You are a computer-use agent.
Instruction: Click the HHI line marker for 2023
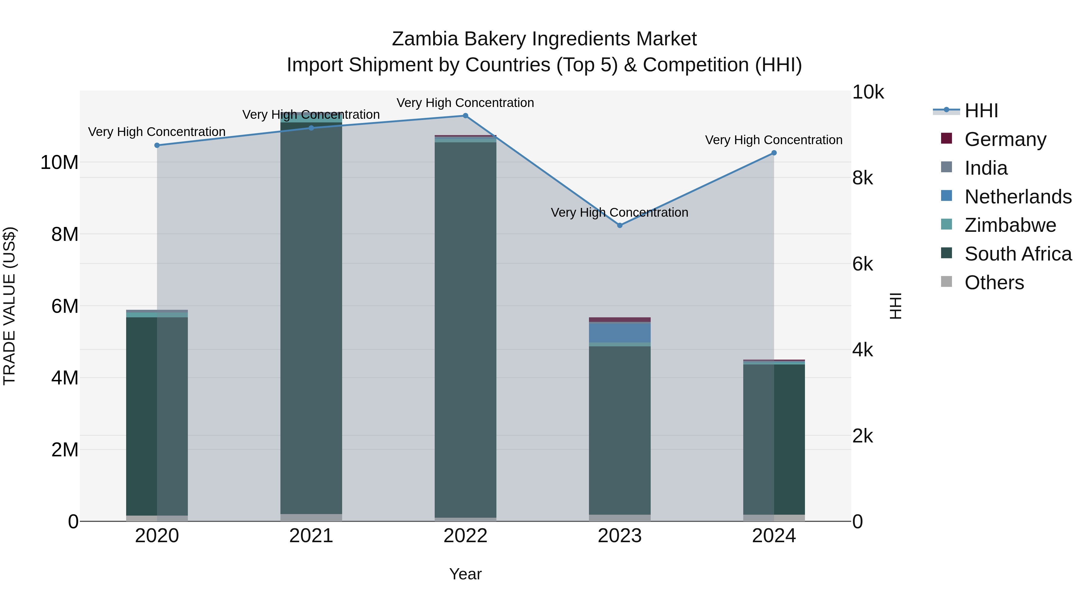[x=620, y=225]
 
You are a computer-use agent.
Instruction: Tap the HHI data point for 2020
[x=157, y=145]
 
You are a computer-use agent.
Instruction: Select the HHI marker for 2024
[x=774, y=153]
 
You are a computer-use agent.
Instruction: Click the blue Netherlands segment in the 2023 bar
[x=620, y=332]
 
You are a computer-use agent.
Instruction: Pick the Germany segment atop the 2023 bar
[x=620, y=320]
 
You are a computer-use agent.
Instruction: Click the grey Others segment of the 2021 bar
[x=311, y=517]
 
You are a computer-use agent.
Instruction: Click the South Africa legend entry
[x=1018, y=254]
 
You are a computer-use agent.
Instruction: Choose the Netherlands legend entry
[x=1018, y=197]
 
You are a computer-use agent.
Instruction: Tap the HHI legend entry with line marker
[x=981, y=111]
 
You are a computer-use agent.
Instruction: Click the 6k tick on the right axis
[x=862, y=264]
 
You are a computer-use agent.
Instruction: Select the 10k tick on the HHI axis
[x=868, y=92]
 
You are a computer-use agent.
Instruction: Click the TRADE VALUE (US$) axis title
[x=9, y=306]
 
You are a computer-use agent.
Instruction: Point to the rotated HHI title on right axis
[x=895, y=306]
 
